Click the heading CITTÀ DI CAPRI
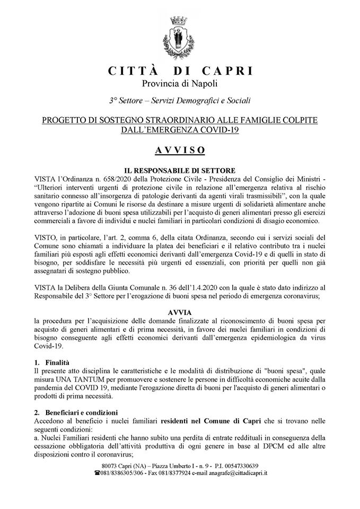pos(180,71)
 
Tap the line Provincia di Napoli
pos(180,83)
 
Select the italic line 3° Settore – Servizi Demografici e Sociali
pos(180,100)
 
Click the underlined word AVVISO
pos(180,150)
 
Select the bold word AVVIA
pos(180,313)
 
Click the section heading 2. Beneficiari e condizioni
pos(78,412)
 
